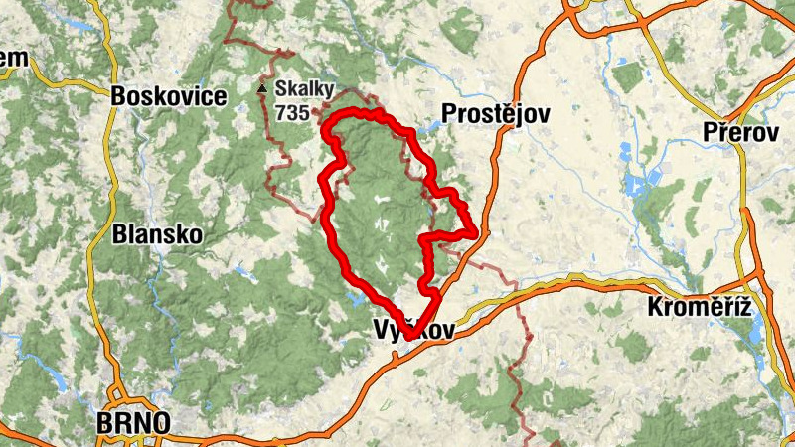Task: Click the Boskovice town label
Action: pyautogui.click(x=169, y=97)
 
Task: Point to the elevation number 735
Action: pyautogui.click(x=293, y=113)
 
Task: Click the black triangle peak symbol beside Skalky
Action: pyautogui.click(x=262, y=89)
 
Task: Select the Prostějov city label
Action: pyautogui.click(x=498, y=114)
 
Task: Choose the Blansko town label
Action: pyautogui.click(x=157, y=235)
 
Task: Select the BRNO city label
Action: pyautogui.click(x=133, y=424)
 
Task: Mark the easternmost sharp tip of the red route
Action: pyautogui.click(x=478, y=234)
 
